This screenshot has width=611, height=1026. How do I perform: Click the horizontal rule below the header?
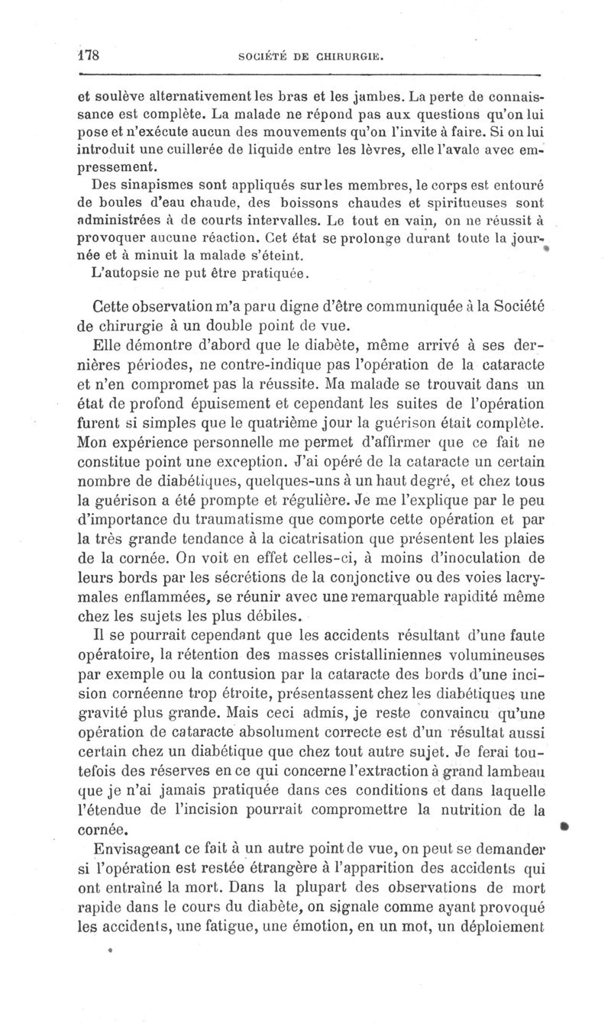pyautogui.click(x=309, y=75)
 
